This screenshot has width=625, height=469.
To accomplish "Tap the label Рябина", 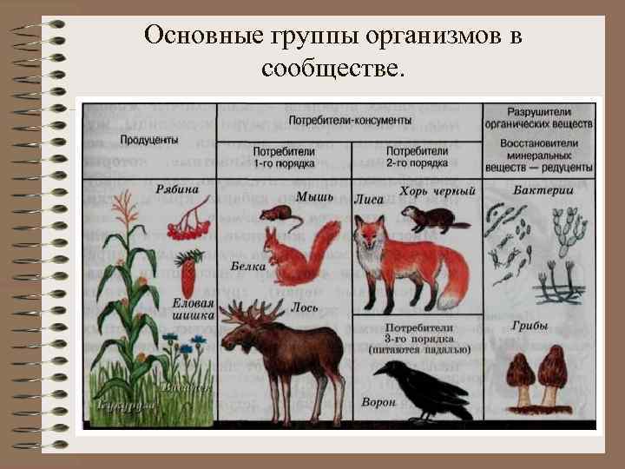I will [x=178, y=189].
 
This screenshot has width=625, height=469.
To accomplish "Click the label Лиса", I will [x=369, y=199].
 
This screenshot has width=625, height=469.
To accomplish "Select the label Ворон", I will [x=378, y=402].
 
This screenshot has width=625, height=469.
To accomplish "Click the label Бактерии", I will [x=537, y=189].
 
